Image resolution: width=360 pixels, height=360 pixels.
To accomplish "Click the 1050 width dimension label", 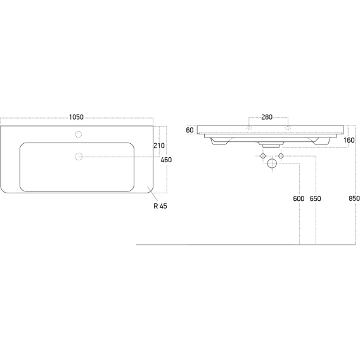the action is coord(76,117).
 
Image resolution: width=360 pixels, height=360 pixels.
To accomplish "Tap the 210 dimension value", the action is coord(159,146).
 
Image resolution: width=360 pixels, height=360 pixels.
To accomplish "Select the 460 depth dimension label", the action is coord(166,160).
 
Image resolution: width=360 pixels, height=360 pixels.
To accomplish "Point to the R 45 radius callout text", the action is coord(160,206).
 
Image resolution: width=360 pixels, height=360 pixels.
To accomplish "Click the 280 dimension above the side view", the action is coord(267,117).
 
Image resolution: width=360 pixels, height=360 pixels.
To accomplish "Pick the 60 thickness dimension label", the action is coord(190,130).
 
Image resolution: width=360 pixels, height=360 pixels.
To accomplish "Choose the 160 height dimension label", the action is coord(349,140).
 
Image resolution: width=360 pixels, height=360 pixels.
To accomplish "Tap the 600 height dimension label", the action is coord(299,198).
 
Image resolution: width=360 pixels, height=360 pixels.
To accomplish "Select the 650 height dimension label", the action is coord(315,198).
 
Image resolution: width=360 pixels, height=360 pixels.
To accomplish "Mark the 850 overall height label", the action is coord(354,198).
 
